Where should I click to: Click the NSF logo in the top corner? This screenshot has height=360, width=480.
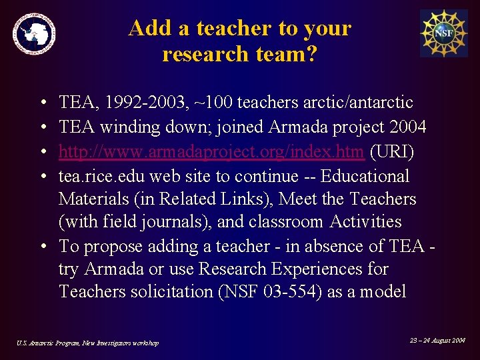(x=443, y=33)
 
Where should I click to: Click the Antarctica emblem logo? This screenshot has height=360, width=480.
(x=33, y=33)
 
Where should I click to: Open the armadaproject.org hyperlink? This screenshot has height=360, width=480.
(x=211, y=152)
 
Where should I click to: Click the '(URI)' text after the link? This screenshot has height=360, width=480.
(x=392, y=152)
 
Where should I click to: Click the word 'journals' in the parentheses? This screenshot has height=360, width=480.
(x=177, y=221)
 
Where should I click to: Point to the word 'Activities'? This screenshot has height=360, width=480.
(x=357, y=221)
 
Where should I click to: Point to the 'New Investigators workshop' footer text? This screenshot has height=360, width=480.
(x=121, y=343)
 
